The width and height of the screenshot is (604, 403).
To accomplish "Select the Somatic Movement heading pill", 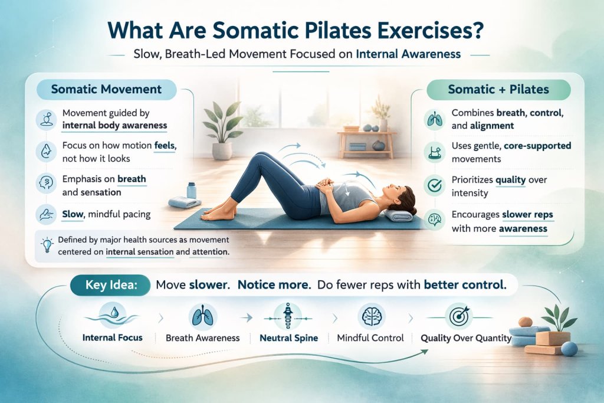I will coord(106,90).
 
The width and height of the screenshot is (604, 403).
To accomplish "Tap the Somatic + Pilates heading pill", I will coord(498,90).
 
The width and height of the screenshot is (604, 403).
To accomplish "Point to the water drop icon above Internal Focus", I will coord(113,314).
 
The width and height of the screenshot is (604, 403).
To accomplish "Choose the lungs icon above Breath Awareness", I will coord(202,314).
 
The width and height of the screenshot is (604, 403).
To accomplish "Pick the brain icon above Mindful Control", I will coord(370,314).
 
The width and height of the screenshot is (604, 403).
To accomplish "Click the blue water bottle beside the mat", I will coord(192,191).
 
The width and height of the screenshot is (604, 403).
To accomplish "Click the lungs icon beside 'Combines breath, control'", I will coord(434,119).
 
